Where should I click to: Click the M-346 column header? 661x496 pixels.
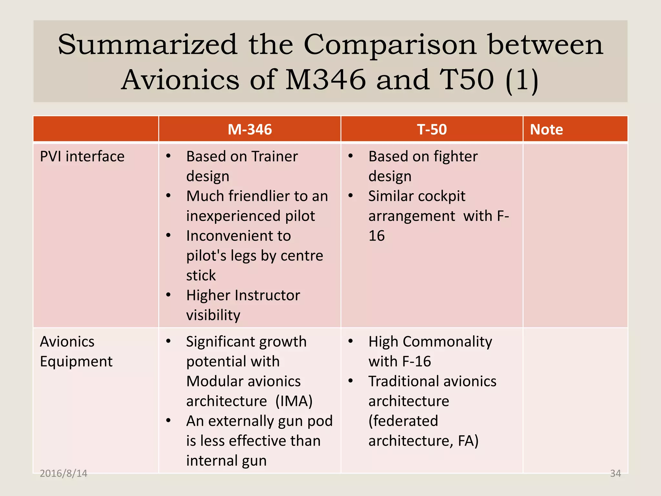[x=249, y=129]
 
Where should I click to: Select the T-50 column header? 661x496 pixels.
[x=432, y=129]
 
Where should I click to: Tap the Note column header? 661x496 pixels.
[x=546, y=129]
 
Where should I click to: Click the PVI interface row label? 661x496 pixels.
[x=82, y=157]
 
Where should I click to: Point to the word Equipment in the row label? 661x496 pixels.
[x=76, y=361]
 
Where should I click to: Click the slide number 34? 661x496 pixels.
[x=615, y=473]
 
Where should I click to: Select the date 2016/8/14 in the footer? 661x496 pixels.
[x=64, y=473]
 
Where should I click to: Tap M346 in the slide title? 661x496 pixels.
[x=326, y=80]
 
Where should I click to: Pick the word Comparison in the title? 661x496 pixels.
[x=390, y=45]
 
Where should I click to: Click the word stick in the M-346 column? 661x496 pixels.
[x=201, y=275]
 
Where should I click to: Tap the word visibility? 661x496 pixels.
[x=213, y=315]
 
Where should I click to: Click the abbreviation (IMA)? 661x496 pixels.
[x=294, y=401]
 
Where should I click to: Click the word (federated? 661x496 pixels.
[x=403, y=421]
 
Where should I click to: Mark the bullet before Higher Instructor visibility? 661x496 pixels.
[x=168, y=295]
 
